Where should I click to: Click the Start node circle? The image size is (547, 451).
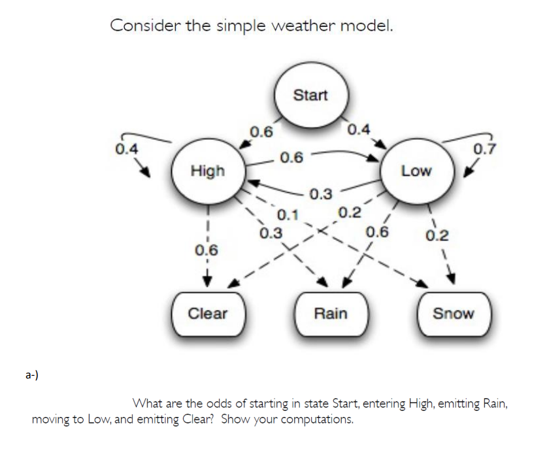tap(310, 95)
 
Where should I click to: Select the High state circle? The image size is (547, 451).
tap(207, 171)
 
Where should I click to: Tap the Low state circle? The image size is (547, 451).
tap(416, 171)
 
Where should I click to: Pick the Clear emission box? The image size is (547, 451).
tap(208, 314)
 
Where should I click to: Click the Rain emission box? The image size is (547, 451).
tap(331, 314)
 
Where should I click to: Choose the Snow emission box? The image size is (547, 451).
tap(453, 314)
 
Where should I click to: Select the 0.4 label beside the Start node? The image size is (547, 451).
tap(359, 129)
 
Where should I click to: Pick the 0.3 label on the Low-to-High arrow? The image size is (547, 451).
tap(320, 194)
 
